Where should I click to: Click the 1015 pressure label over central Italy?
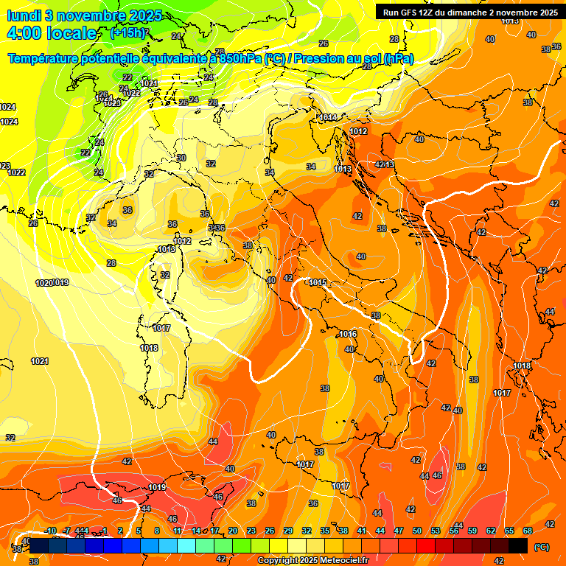coord(318,283)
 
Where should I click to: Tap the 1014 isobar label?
coord(328,117)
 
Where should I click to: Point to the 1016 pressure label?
coord(348,334)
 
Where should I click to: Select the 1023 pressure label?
coord(112,103)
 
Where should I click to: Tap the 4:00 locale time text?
coord(52,33)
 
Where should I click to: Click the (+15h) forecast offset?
coord(128,32)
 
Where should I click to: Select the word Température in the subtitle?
coord(47,59)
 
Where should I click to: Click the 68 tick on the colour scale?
coord(528,531)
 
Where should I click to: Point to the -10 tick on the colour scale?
coord(51,531)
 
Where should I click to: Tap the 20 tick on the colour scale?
coord(233,531)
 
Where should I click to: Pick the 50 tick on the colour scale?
coord(417,531)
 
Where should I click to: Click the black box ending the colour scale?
coord(518,545)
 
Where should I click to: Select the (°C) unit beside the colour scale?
coord(542,546)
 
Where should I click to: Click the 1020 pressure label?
coord(45,283)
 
